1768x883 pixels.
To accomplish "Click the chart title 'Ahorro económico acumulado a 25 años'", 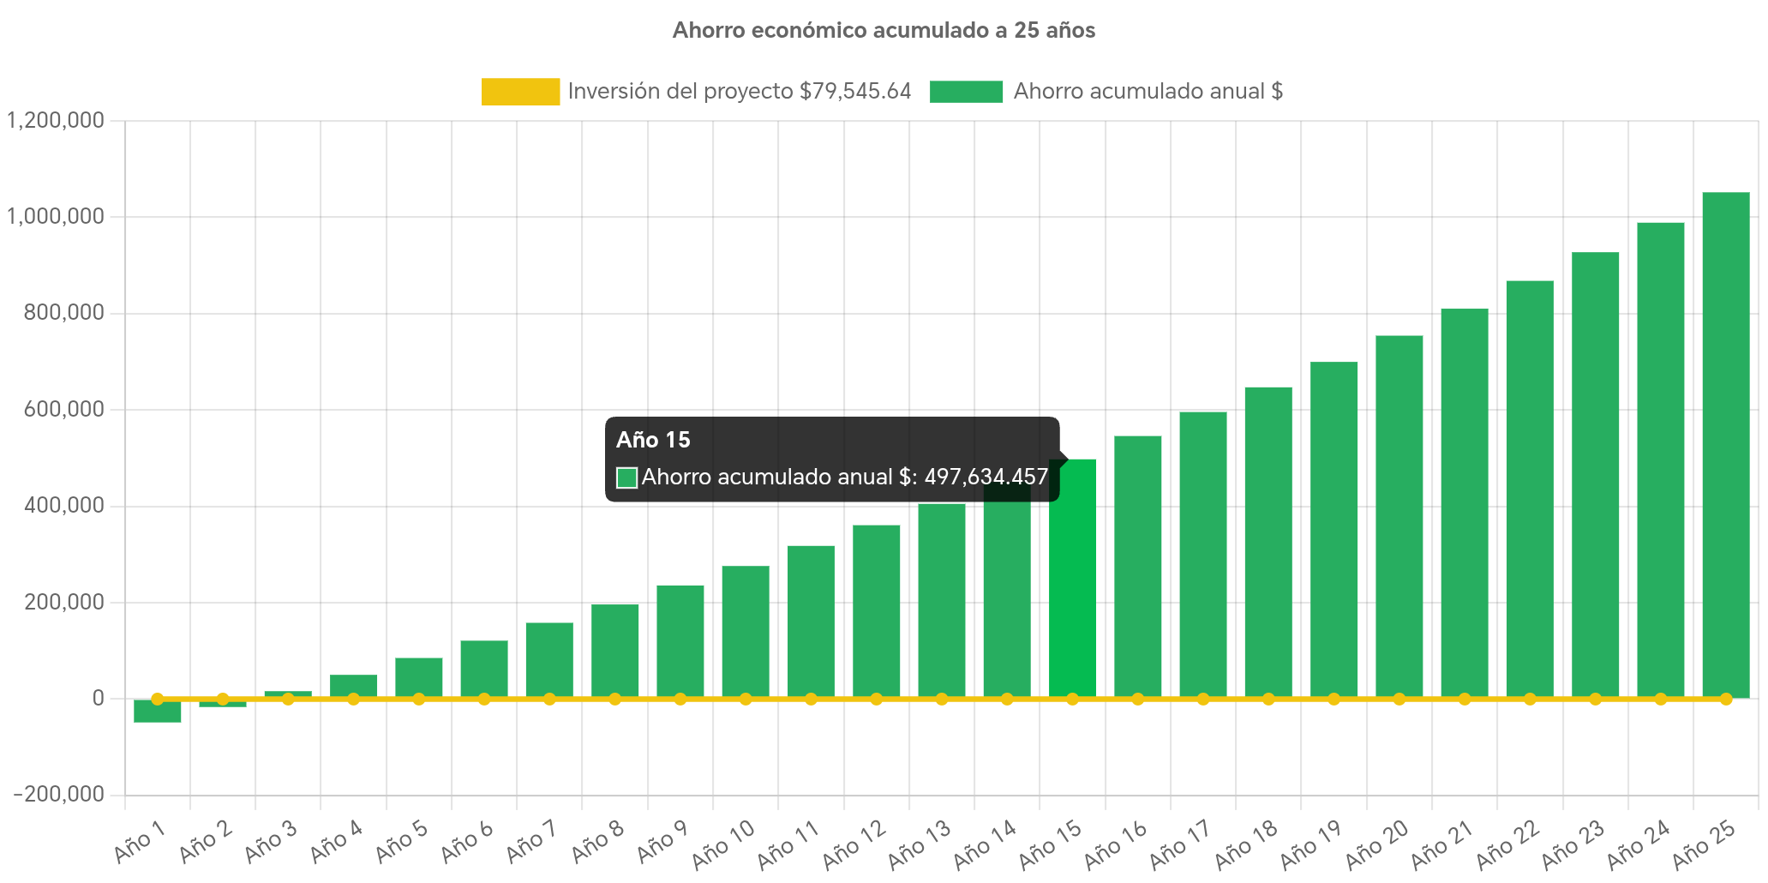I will [884, 30].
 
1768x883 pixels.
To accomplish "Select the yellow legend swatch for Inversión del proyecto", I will [520, 92].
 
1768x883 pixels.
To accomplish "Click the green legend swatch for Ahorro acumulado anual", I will [966, 92].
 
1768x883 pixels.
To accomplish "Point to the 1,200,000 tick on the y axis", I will [56, 120].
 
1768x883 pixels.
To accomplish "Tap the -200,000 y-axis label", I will [58, 794].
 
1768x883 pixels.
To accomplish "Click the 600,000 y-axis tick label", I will [63, 409].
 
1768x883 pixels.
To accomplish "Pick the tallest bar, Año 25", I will [1725, 446].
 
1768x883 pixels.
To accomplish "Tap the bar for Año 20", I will [1399, 514].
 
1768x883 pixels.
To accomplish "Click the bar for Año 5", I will [419, 677].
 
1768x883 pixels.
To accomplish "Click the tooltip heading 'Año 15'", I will [653, 440].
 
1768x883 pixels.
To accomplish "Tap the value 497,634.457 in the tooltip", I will [986, 477].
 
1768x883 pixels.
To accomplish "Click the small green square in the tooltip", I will [626, 478].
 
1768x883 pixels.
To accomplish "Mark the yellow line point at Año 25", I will [1725, 700].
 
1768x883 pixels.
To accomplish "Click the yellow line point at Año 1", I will [158, 700].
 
